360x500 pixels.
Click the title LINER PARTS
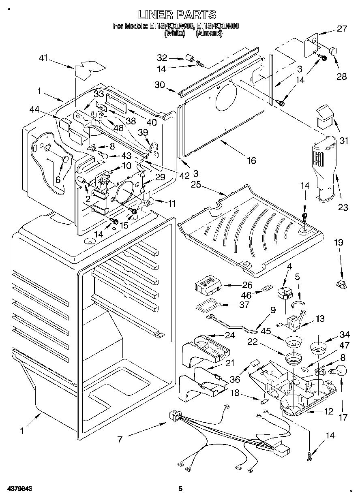pyautogui.click(x=177, y=15)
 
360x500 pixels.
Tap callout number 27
pyautogui.click(x=342, y=29)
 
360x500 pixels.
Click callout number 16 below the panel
pyautogui.click(x=251, y=160)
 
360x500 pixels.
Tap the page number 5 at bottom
pyautogui.click(x=181, y=489)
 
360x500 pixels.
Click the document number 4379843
pyautogui.click(x=19, y=489)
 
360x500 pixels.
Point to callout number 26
pyautogui.click(x=247, y=285)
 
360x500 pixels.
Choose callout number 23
pyautogui.click(x=343, y=208)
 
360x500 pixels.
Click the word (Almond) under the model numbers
pyautogui.click(x=209, y=34)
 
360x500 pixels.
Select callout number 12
pyautogui.click(x=328, y=412)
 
